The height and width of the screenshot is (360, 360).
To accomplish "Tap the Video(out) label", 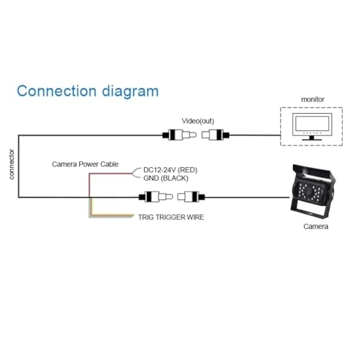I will click(x=197, y=121).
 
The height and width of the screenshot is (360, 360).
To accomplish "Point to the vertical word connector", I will click(x=11, y=164).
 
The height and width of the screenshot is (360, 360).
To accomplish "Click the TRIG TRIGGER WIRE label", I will click(x=172, y=215).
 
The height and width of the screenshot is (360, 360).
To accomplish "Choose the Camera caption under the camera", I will click(x=315, y=227).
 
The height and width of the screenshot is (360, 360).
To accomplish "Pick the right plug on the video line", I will click(x=216, y=135).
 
